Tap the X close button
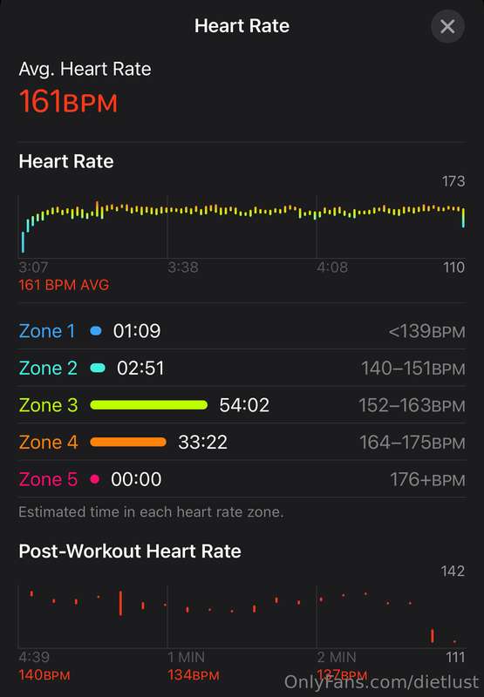(447, 26)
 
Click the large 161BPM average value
(69, 101)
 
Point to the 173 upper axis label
(453, 181)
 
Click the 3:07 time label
(33, 267)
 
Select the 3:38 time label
(183, 267)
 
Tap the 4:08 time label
(332, 267)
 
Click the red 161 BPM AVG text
(64, 285)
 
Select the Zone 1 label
(47, 331)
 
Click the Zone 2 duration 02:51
(140, 368)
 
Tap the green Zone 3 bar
(148, 405)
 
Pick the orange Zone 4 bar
(128, 442)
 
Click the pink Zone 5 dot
(94, 479)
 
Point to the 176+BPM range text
(427, 480)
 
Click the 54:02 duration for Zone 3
(244, 405)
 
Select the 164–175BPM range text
(412, 443)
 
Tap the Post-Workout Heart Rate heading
(130, 552)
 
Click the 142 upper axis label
(453, 572)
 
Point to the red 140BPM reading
(44, 675)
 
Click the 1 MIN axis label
(187, 657)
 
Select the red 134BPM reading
(194, 675)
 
